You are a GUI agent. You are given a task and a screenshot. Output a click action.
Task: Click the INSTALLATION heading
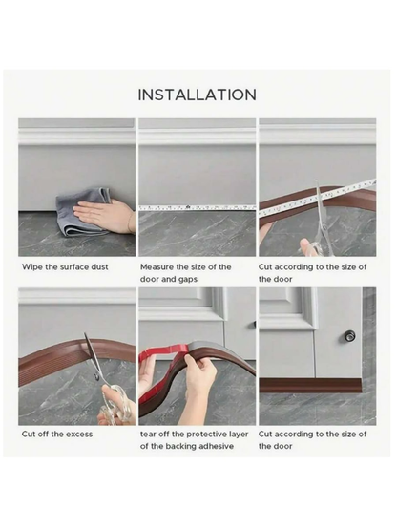tap(198, 95)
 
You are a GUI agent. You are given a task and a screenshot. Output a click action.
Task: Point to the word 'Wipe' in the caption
tap(32, 267)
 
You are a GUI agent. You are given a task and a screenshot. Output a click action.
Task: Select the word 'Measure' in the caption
tap(157, 267)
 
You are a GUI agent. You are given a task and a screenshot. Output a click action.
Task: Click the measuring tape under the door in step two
tap(198, 207)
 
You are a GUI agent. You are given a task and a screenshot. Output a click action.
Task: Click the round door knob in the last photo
tap(350, 335)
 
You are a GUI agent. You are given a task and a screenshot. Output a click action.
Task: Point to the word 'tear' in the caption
tap(148, 434)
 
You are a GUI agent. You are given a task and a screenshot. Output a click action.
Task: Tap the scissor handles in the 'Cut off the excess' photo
tap(115, 404)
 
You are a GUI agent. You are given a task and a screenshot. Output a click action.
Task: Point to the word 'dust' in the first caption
tap(99, 267)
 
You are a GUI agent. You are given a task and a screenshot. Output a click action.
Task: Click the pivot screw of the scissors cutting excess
tap(97, 377)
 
